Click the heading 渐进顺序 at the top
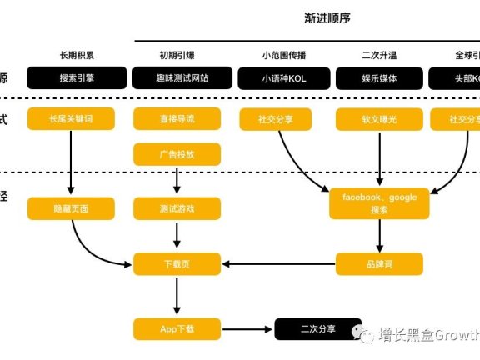coord(331,17)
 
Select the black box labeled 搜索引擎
coord(71,78)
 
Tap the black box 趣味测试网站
coord(177,78)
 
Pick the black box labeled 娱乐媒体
coord(379,78)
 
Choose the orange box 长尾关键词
coord(71,120)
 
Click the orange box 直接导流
coord(177,120)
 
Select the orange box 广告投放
coord(177,154)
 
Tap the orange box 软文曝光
coord(379,120)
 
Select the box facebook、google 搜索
coord(379,202)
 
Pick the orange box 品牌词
coord(379,265)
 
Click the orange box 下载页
coord(177,265)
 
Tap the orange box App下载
coord(177,328)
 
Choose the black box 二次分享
coord(318,328)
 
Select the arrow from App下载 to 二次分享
coord(247,328)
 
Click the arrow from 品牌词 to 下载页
coord(279,265)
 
